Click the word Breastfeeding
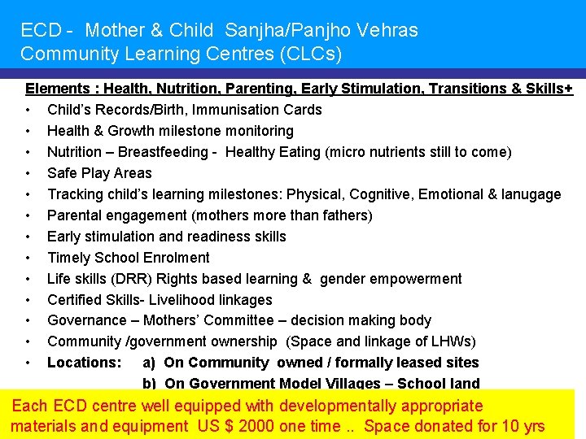(x=168, y=152)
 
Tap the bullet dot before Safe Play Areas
(x=28, y=173)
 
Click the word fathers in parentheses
(x=344, y=215)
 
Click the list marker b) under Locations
(x=150, y=384)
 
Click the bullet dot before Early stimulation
(x=28, y=237)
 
